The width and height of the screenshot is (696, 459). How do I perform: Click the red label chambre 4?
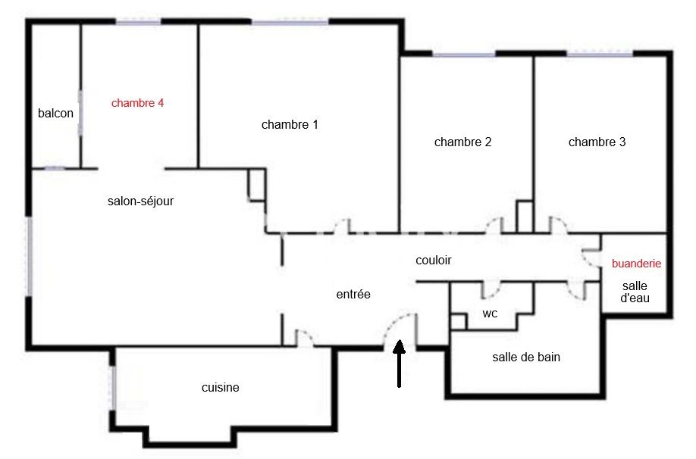137,103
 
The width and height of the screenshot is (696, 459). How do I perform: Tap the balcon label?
55,113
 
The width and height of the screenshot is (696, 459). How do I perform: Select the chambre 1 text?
290,125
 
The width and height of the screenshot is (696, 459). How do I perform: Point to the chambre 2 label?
463,142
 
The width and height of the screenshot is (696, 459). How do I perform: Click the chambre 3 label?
597,142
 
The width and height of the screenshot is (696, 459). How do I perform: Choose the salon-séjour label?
141,201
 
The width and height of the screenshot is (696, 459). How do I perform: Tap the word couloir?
434,260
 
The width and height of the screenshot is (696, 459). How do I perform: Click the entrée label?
353,294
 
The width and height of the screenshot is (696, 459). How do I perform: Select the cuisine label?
221,388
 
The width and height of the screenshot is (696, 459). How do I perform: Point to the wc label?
490,314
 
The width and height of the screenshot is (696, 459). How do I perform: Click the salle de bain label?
526,357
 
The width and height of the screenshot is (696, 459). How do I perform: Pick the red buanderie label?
637,264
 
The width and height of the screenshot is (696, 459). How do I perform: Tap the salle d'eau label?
635,292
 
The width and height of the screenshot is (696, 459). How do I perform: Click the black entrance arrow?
400,364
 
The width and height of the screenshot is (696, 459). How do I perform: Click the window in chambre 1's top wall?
290,22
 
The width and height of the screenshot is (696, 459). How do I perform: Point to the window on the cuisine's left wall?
113,389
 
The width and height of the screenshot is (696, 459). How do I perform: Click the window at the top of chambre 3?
600,55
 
